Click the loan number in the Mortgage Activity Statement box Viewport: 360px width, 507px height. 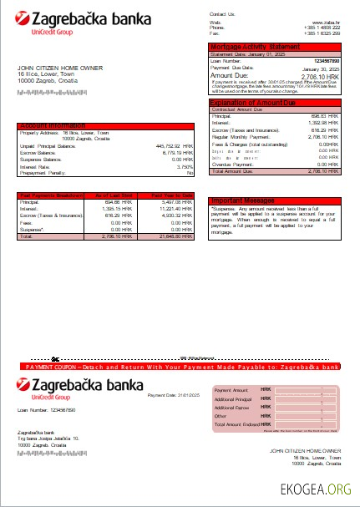point(325,61)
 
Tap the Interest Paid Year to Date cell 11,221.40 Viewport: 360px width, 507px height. point(179,208)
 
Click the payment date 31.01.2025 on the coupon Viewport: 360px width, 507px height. point(190,394)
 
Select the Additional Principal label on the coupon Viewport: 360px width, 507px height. point(233,399)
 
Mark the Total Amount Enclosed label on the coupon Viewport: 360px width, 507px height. point(236,423)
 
